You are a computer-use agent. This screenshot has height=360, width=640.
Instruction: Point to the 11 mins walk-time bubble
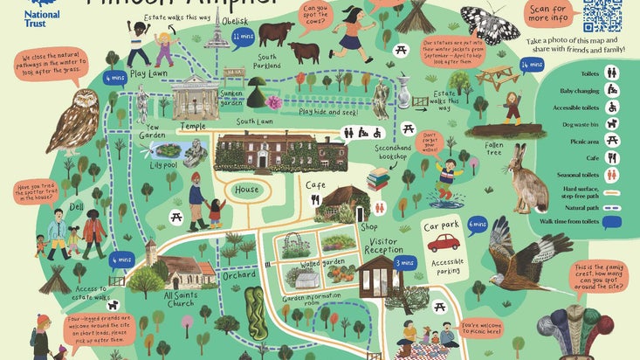point(243,38)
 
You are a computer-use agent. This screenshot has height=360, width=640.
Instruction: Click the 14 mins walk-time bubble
point(530,65)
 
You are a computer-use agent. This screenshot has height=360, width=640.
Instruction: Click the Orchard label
point(237,273)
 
